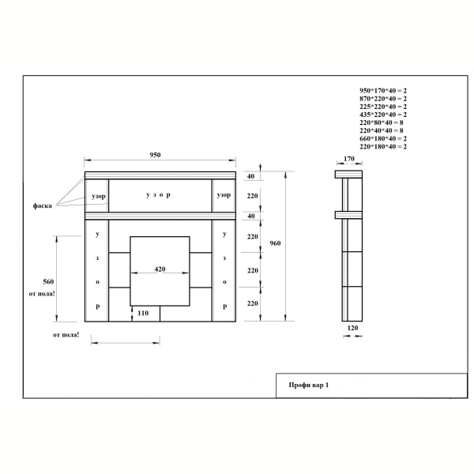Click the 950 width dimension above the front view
(155, 155)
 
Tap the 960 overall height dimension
(275, 243)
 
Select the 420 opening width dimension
(160, 269)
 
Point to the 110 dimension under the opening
(143, 313)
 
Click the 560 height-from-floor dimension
(48, 282)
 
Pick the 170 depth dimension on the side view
(349, 159)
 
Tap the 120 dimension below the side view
(352, 328)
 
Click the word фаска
(43, 206)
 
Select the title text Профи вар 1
(309, 386)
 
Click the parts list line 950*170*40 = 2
(383, 90)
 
